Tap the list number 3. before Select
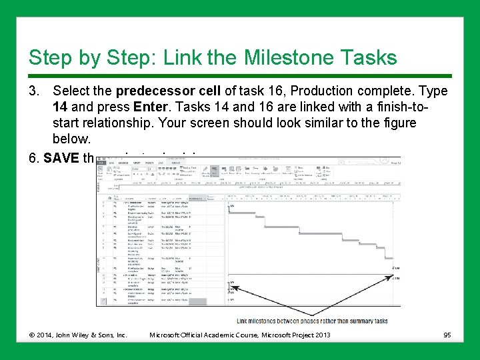point(37,91)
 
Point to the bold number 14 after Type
point(62,107)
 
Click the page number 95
point(448,334)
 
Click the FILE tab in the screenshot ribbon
point(102,161)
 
